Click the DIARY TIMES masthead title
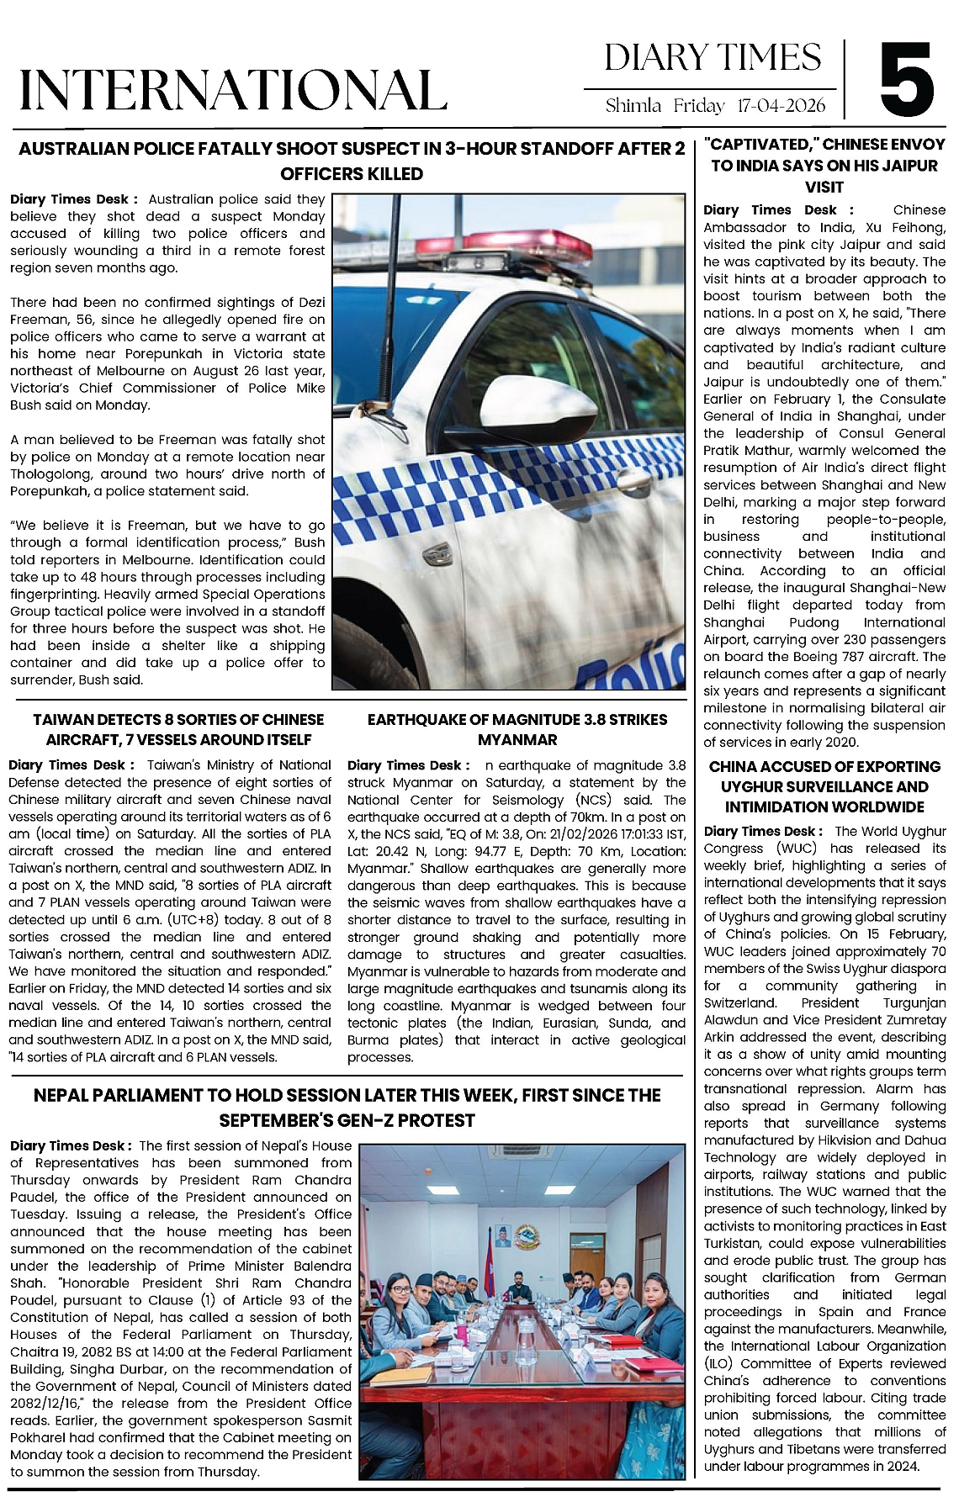pos(713,58)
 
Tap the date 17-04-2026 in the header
pos(781,106)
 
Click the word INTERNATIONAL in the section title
pos(233,90)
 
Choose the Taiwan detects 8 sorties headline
pos(178,730)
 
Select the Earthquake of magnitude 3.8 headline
pos(517,730)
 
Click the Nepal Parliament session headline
pos(347,1108)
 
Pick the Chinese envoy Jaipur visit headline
pos(824,166)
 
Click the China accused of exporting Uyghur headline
pos(824,787)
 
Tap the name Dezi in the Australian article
pos(310,302)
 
